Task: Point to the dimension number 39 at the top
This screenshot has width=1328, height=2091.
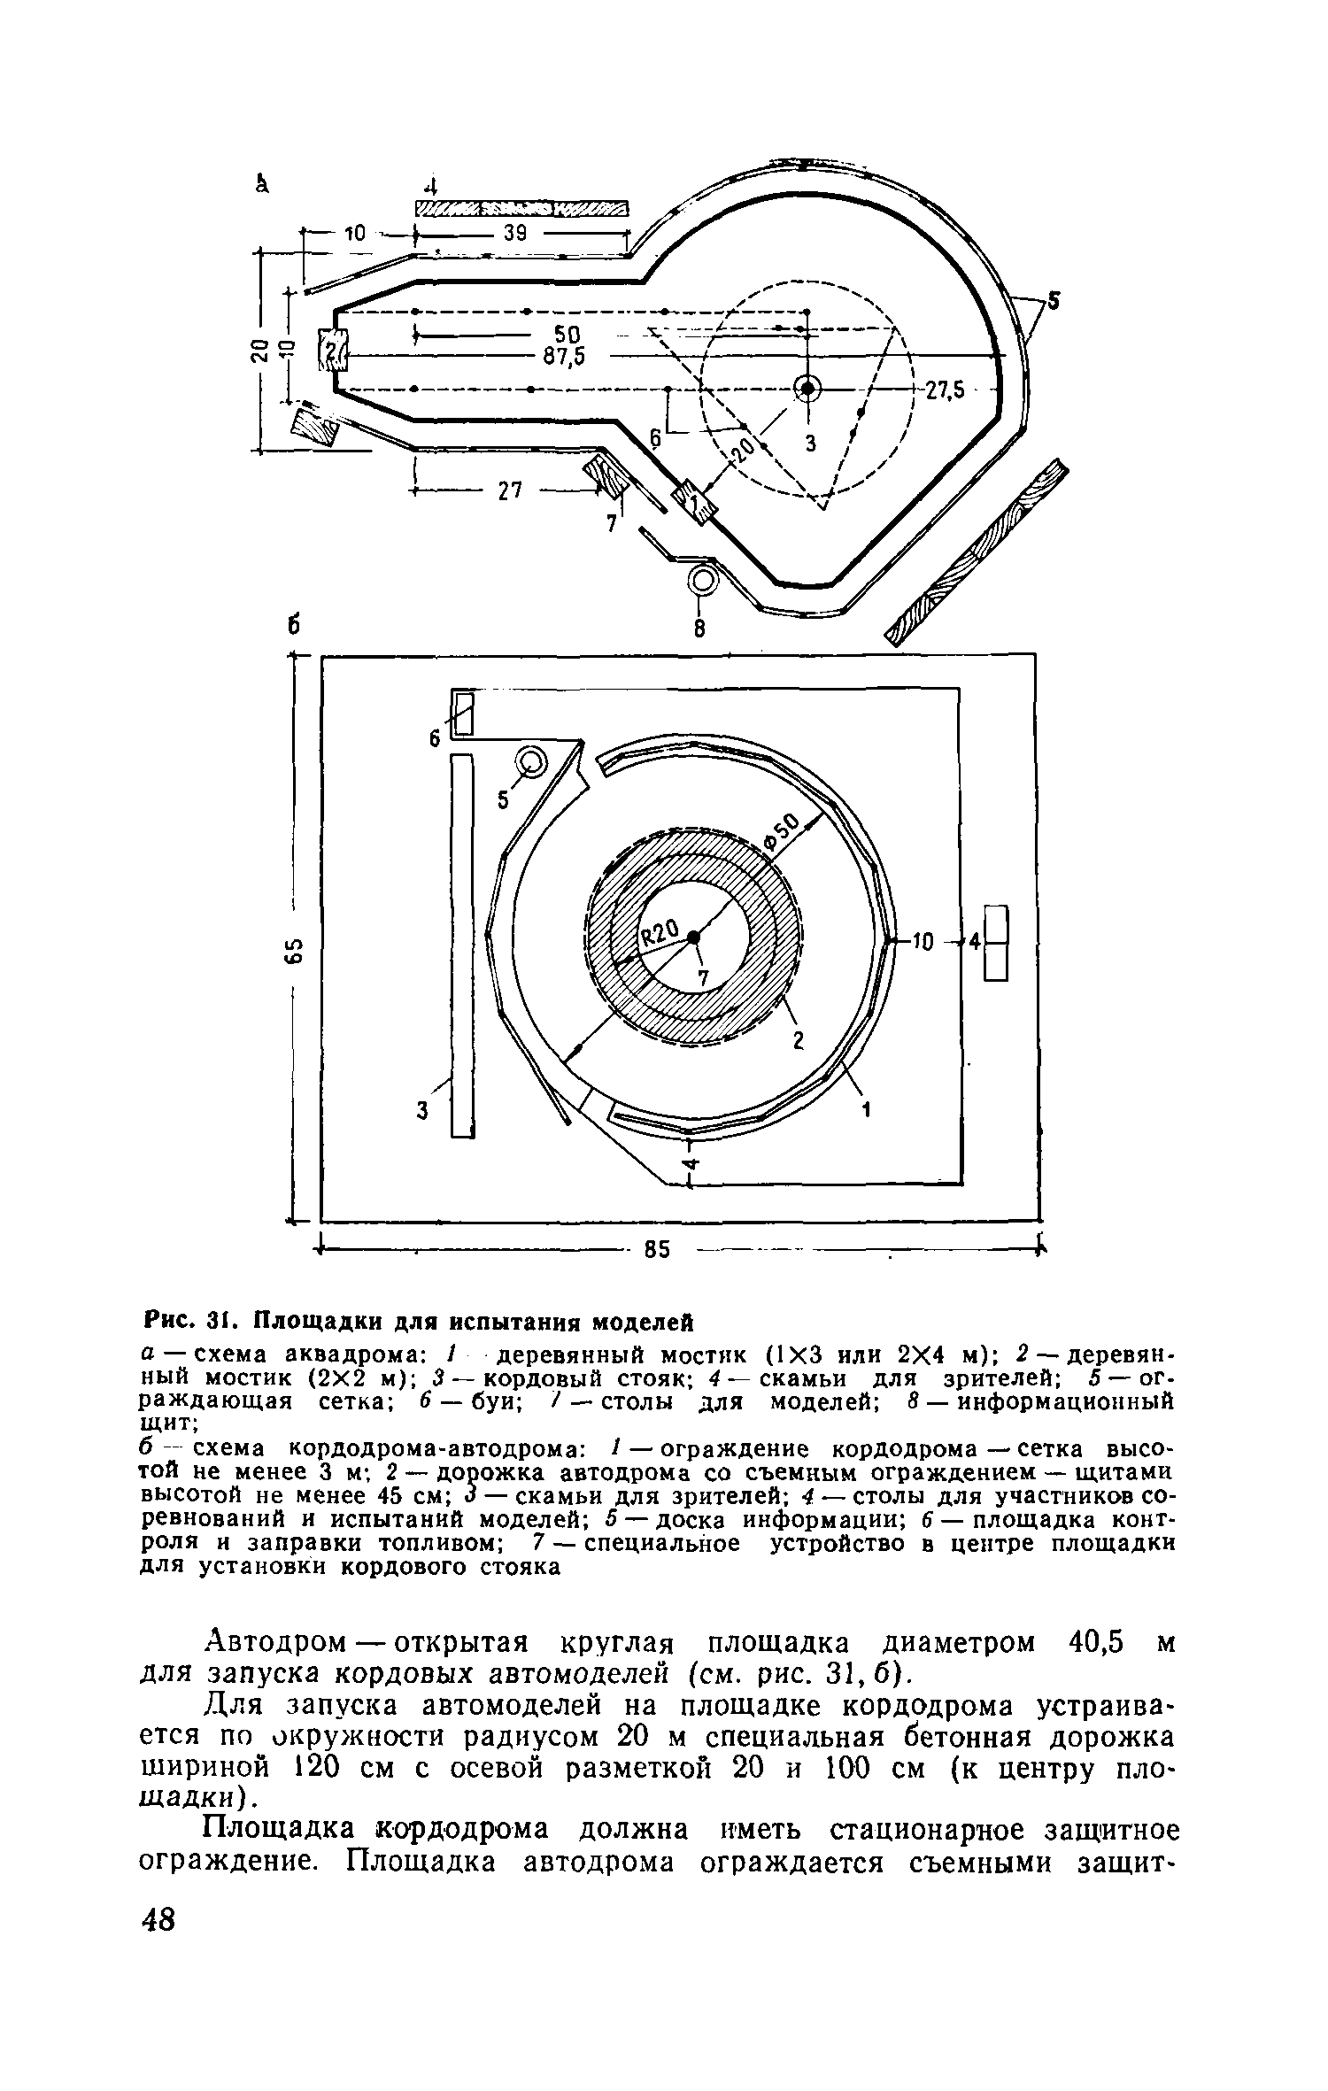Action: [516, 234]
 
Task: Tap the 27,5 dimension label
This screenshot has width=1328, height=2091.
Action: [946, 391]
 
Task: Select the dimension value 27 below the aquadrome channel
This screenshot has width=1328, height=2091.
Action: [510, 490]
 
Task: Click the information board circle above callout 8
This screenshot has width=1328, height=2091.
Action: [703, 580]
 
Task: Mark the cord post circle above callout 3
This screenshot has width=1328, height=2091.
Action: [807, 387]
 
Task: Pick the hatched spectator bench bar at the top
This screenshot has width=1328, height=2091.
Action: [521, 208]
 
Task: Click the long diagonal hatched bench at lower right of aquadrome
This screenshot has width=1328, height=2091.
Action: [977, 553]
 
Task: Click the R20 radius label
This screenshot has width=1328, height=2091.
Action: [659, 932]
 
